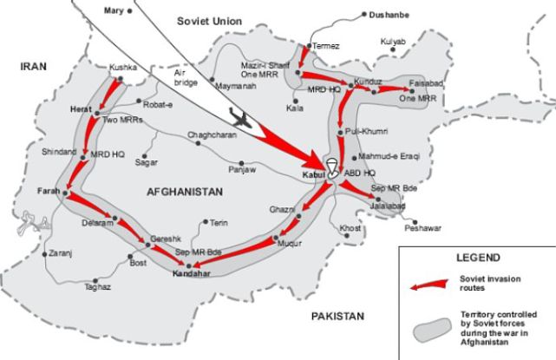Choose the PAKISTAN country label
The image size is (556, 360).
338,317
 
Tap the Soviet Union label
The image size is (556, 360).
208,19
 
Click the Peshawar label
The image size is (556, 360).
423,227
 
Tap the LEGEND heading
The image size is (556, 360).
477,258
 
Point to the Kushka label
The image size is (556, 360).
124,67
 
